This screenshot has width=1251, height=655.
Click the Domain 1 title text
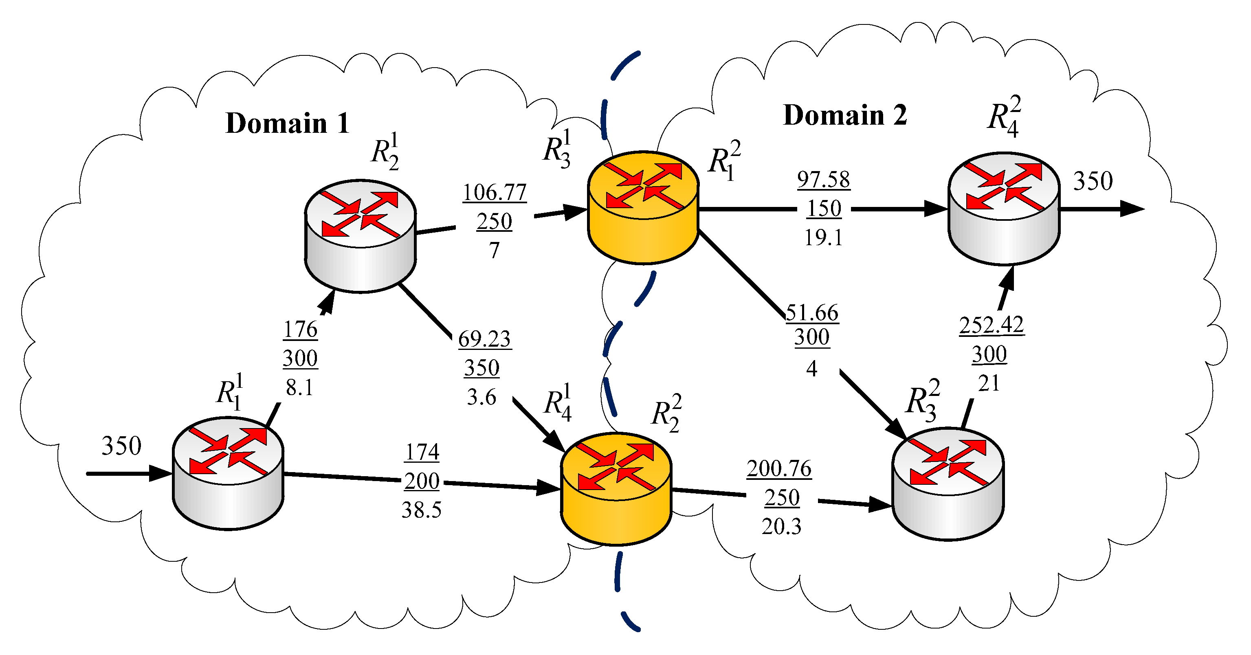[x=288, y=123]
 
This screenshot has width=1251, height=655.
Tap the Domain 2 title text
[x=844, y=116]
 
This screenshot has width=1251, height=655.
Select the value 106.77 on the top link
[x=495, y=192]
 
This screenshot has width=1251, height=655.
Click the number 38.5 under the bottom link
[x=421, y=510]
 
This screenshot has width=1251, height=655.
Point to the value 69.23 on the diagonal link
[x=484, y=339]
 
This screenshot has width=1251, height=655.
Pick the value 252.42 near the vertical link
[x=991, y=325]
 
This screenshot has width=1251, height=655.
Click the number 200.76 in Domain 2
[x=778, y=468]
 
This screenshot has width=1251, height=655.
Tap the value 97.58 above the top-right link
[x=823, y=179]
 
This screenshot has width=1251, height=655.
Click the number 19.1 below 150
[x=823, y=238]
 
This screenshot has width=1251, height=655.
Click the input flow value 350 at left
[x=121, y=446]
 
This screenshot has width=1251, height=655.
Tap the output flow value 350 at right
[x=1093, y=181]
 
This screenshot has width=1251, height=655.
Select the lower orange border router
[x=616, y=488]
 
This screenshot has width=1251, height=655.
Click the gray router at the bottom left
[x=228, y=473]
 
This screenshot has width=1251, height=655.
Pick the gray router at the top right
[x=1004, y=209]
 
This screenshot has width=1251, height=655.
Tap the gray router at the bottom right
[x=948, y=484]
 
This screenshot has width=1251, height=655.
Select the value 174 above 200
[x=422, y=453]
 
